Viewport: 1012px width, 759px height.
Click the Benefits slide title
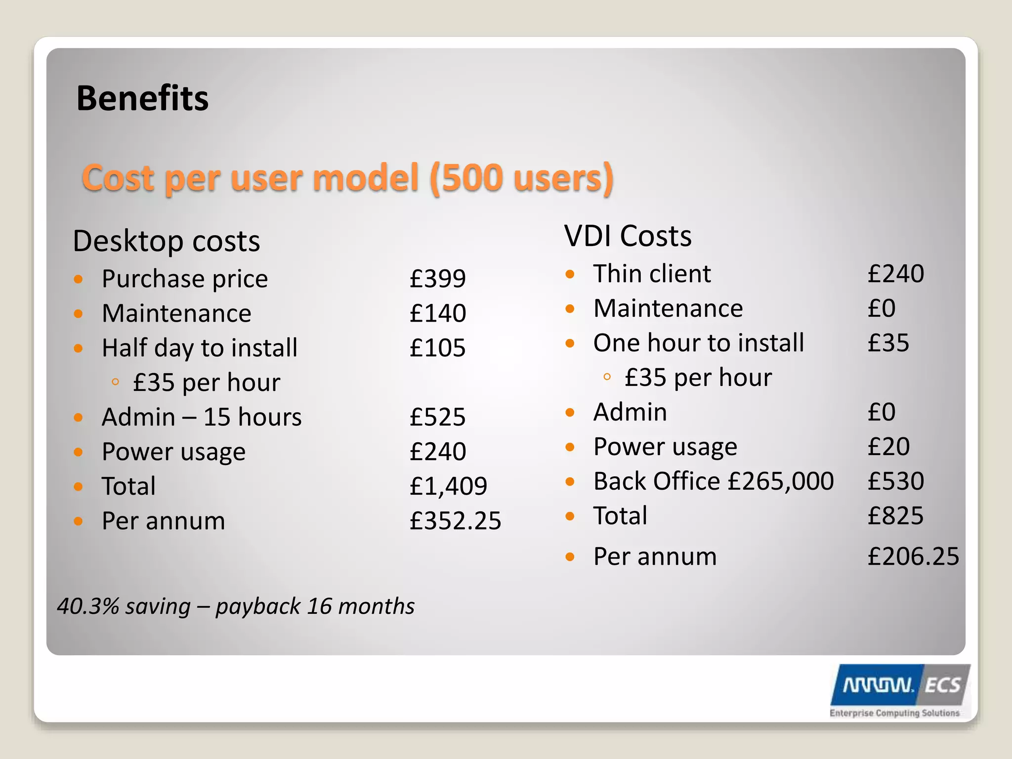tap(142, 98)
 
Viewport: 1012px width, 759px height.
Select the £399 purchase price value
tap(437, 278)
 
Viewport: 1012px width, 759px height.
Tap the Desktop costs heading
tap(166, 241)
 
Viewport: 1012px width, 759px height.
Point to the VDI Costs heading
tap(628, 236)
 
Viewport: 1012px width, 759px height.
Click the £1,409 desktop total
tap(448, 486)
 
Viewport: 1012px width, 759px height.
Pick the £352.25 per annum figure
tap(455, 521)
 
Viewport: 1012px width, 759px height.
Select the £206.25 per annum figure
tap(913, 556)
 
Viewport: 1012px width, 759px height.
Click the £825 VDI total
tap(895, 516)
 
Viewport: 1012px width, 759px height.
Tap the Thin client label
tap(652, 274)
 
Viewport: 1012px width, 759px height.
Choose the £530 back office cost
tap(895, 481)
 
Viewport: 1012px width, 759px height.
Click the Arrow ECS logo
tap(899, 690)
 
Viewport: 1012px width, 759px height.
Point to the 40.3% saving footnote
tap(236, 606)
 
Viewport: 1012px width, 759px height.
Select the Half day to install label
tap(200, 348)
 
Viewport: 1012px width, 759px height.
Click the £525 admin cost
tap(437, 417)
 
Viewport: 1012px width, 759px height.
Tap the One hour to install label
tap(698, 343)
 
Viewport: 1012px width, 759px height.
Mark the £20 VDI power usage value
tap(888, 447)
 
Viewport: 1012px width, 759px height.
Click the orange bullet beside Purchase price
tap(78, 279)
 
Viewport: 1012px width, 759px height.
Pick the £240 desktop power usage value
tap(437, 452)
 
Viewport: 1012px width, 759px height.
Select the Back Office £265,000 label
tap(713, 481)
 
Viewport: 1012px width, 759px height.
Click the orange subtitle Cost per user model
tap(347, 178)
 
